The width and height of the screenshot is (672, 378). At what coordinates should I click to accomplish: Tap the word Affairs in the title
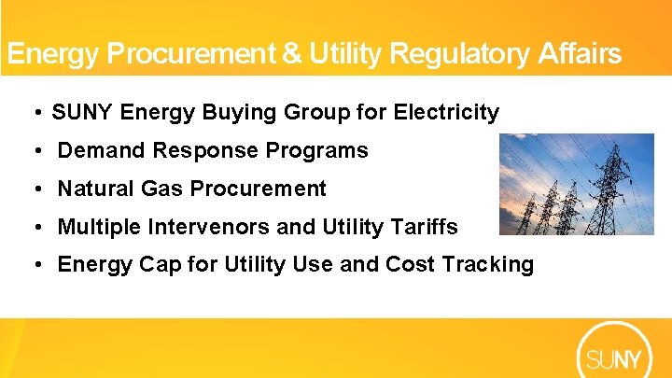pyautogui.click(x=580, y=54)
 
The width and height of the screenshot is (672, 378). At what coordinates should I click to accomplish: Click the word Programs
pyautogui.click(x=326, y=150)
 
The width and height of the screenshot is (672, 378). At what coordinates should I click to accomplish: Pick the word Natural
pyautogui.click(x=94, y=189)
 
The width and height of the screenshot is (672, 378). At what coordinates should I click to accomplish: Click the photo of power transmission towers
pyautogui.click(x=576, y=184)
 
